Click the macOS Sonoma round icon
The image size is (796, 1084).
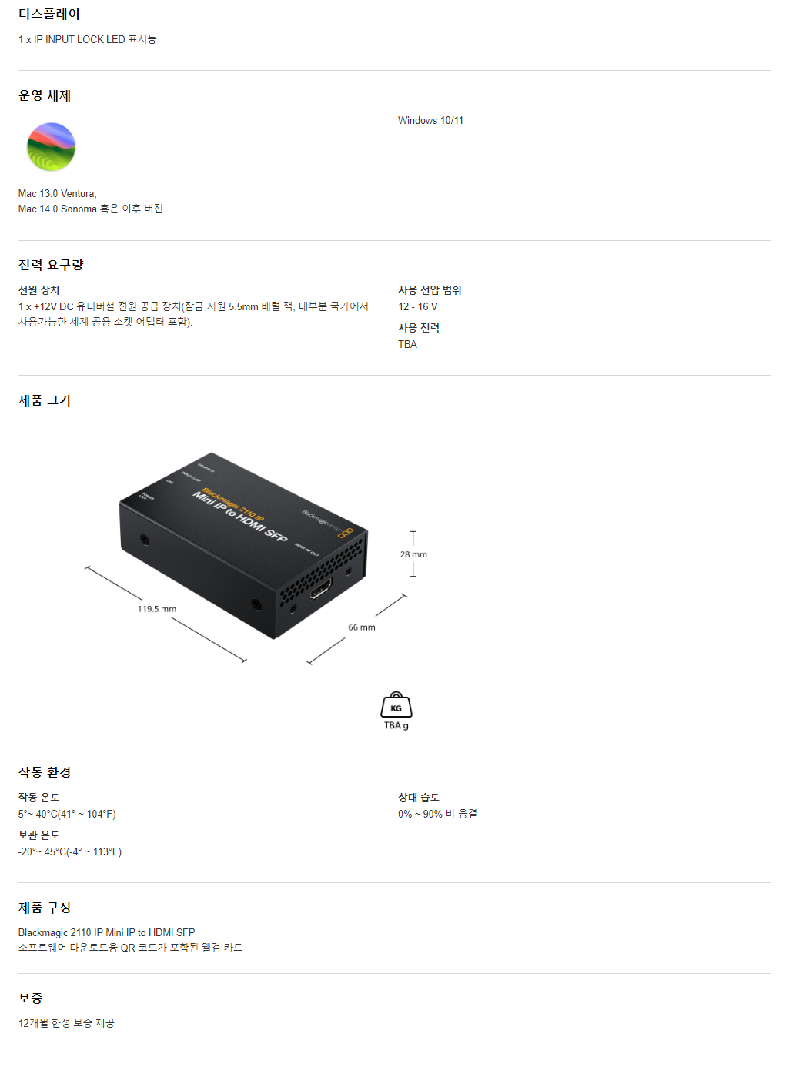tap(51, 147)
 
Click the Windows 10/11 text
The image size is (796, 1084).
tap(430, 121)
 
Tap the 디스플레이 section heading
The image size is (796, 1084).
tap(49, 14)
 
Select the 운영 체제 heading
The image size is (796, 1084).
tap(45, 95)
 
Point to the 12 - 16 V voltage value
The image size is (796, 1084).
tap(417, 306)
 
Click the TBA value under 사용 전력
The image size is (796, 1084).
tap(407, 344)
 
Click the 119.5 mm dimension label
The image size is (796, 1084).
tap(157, 609)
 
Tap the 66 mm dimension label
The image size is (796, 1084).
tap(362, 627)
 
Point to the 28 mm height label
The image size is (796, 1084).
tap(413, 554)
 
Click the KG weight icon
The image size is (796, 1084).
tap(396, 705)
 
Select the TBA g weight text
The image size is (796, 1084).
tap(396, 725)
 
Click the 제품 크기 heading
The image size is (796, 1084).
tap(45, 400)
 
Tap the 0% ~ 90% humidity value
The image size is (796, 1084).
tap(437, 814)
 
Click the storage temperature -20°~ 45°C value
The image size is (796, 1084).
tap(70, 851)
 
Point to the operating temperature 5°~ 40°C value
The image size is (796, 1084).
tap(67, 814)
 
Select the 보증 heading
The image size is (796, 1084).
tap(31, 999)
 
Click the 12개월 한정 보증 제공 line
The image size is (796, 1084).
tap(66, 1023)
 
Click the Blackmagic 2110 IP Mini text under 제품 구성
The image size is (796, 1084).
tap(106, 932)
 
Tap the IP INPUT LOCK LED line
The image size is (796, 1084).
tap(87, 39)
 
